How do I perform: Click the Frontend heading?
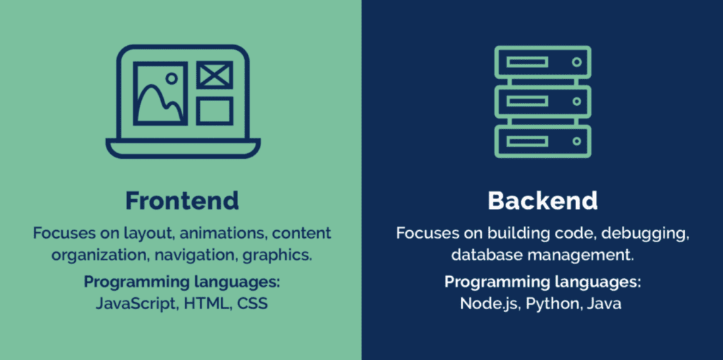182,200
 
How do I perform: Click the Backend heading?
542,200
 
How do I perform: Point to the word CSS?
253,304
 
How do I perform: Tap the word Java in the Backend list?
604,304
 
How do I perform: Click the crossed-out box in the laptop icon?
214,75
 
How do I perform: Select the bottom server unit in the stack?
542,141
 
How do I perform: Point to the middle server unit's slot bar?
527,102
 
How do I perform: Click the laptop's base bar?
183,148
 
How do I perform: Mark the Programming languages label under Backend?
542,283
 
